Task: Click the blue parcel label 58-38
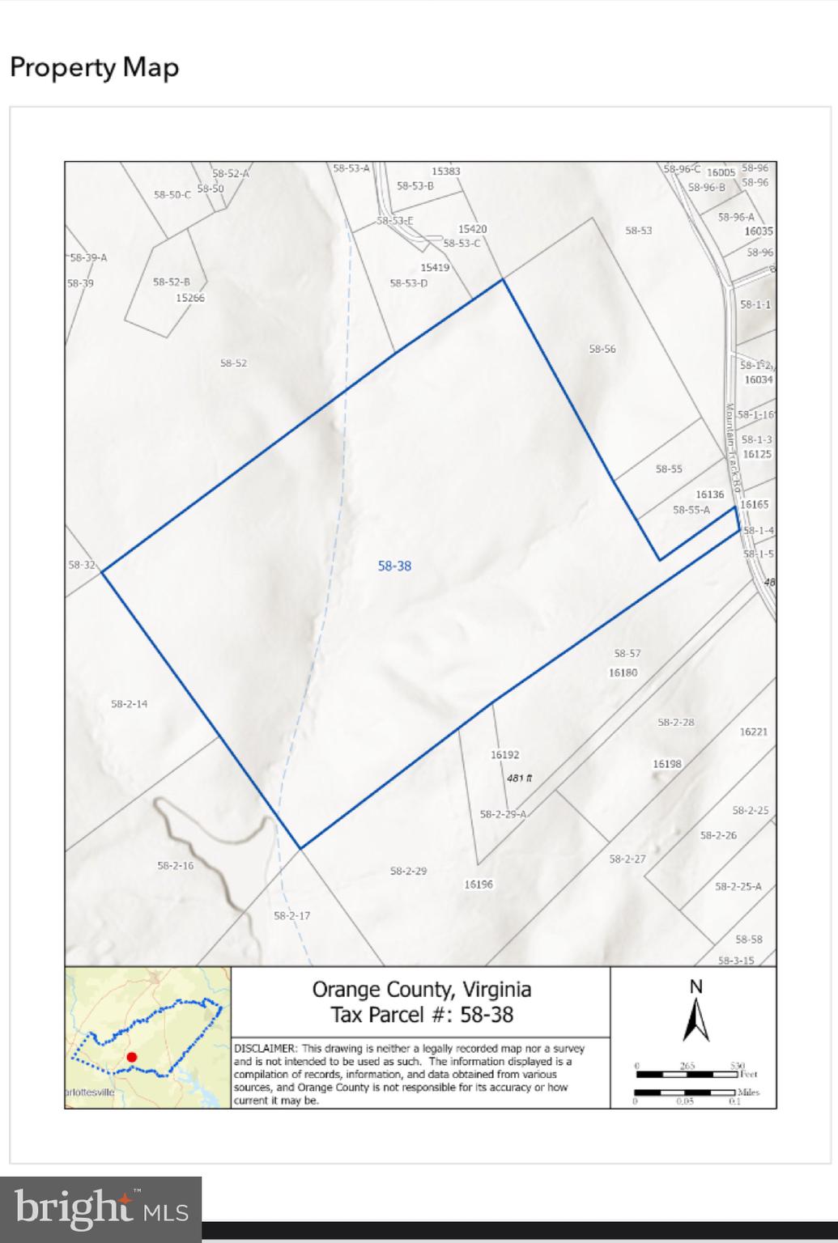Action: [394, 566]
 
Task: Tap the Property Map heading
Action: [94, 67]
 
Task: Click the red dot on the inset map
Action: [132, 1057]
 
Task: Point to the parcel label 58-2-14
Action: [130, 704]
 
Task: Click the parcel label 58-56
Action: [602, 349]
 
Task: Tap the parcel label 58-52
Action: [233, 363]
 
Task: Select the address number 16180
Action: [623, 672]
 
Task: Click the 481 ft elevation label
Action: [520, 778]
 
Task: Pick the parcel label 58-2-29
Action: [408, 872]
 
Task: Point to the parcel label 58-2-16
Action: [176, 866]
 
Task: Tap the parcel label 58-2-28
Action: [676, 723]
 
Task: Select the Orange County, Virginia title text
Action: [422, 989]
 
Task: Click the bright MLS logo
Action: [101, 1210]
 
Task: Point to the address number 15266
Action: [190, 298]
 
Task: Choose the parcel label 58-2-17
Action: [291, 916]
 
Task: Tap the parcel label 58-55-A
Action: [691, 510]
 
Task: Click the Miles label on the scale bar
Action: [748, 1092]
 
